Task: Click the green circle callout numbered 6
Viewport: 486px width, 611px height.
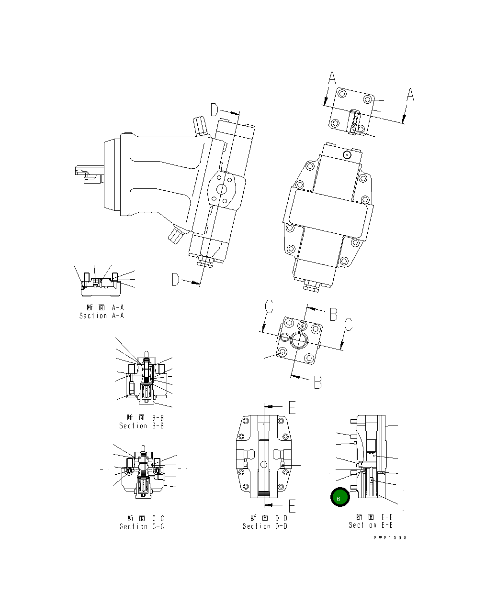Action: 340,498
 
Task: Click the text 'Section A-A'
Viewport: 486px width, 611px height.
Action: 102,316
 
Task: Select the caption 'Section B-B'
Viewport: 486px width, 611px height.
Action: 141,426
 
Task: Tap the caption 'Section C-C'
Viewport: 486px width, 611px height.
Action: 142,527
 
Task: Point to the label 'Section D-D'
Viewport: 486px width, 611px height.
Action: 265,526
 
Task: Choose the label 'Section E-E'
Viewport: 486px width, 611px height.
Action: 371,525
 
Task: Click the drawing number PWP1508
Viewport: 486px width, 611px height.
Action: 390,538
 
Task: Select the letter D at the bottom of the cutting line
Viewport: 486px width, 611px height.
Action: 176,280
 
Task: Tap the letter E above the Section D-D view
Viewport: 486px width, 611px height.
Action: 292,407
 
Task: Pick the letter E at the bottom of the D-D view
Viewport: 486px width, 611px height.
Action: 292,505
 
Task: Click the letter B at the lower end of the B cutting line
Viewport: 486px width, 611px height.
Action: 317,382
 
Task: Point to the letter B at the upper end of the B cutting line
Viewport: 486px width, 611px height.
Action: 333,314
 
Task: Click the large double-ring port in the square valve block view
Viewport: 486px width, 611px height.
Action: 300,340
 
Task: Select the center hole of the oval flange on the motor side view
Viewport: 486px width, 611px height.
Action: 222,189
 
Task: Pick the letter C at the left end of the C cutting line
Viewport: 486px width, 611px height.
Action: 269,306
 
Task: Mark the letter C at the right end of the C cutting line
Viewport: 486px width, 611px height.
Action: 349,324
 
